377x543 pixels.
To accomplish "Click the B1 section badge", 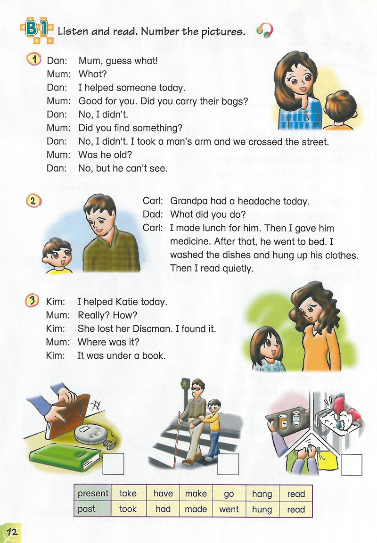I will click(37, 30).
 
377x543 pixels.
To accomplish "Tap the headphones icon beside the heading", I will click(265, 32).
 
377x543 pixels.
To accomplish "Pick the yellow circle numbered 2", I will click(33, 200).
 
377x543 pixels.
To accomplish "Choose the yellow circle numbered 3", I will click(33, 301).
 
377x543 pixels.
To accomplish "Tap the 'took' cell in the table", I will click(128, 509).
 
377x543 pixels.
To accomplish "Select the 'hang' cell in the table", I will click(262, 494).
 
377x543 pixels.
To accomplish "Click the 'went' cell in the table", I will click(229, 509).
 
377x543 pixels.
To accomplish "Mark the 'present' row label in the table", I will click(93, 494).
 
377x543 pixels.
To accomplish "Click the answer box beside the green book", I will click(113, 464).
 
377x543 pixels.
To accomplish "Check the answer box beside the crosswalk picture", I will click(228, 464).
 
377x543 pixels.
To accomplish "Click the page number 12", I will click(12, 532).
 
